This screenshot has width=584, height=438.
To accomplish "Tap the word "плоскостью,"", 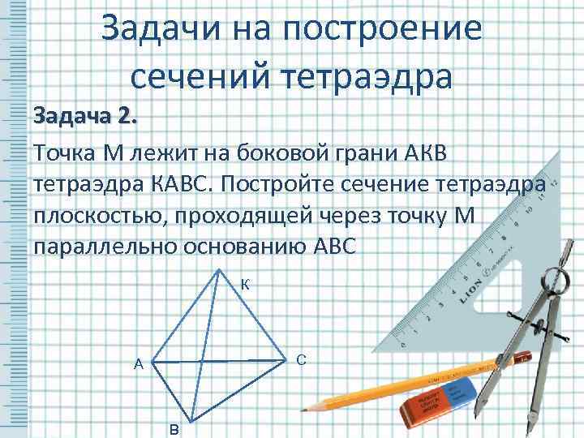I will coord(115,217).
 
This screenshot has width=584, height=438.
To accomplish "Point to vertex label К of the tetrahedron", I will coord(246,285).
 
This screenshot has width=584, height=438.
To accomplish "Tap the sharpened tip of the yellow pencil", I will coord(309,406).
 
